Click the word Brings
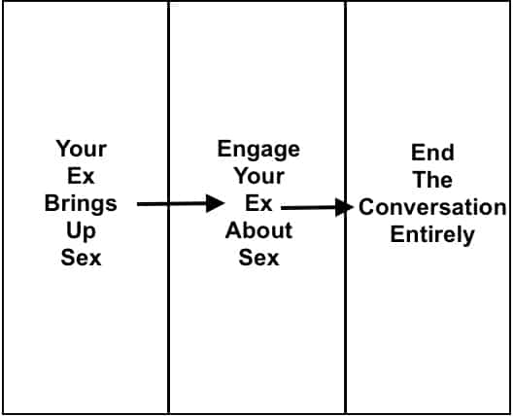(x=81, y=204)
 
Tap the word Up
(x=81, y=231)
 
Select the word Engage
(x=258, y=150)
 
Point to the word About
(x=258, y=230)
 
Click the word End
(x=432, y=153)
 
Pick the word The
(x=432, y=180)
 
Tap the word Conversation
(x=432, y=207)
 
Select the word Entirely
(x=432, y=235)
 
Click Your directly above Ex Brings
(x=81, y=149)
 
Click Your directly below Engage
(x=259, y=176)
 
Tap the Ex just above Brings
(x=81, y=176)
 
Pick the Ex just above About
(x=258, y=203)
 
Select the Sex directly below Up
(x=81, y=258)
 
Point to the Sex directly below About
(x=258, y=258)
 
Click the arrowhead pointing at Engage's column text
(x=215, y=203)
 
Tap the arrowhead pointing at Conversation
(x=345, y=207)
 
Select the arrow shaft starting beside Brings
(x=172, y=204)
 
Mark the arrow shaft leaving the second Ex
(x=309, y=207)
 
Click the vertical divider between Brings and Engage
(x=168, y=208)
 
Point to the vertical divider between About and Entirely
(x=346, y=208)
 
